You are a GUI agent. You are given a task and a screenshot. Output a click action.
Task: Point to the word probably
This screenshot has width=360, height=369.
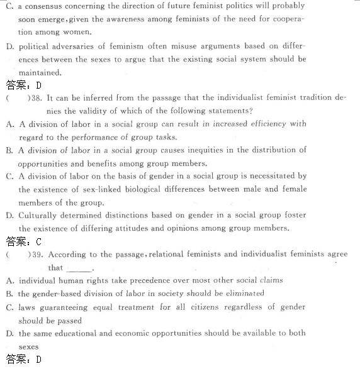[x=286, y=6]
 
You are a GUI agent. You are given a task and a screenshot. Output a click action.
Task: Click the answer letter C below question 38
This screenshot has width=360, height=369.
[x=39, y=241]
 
